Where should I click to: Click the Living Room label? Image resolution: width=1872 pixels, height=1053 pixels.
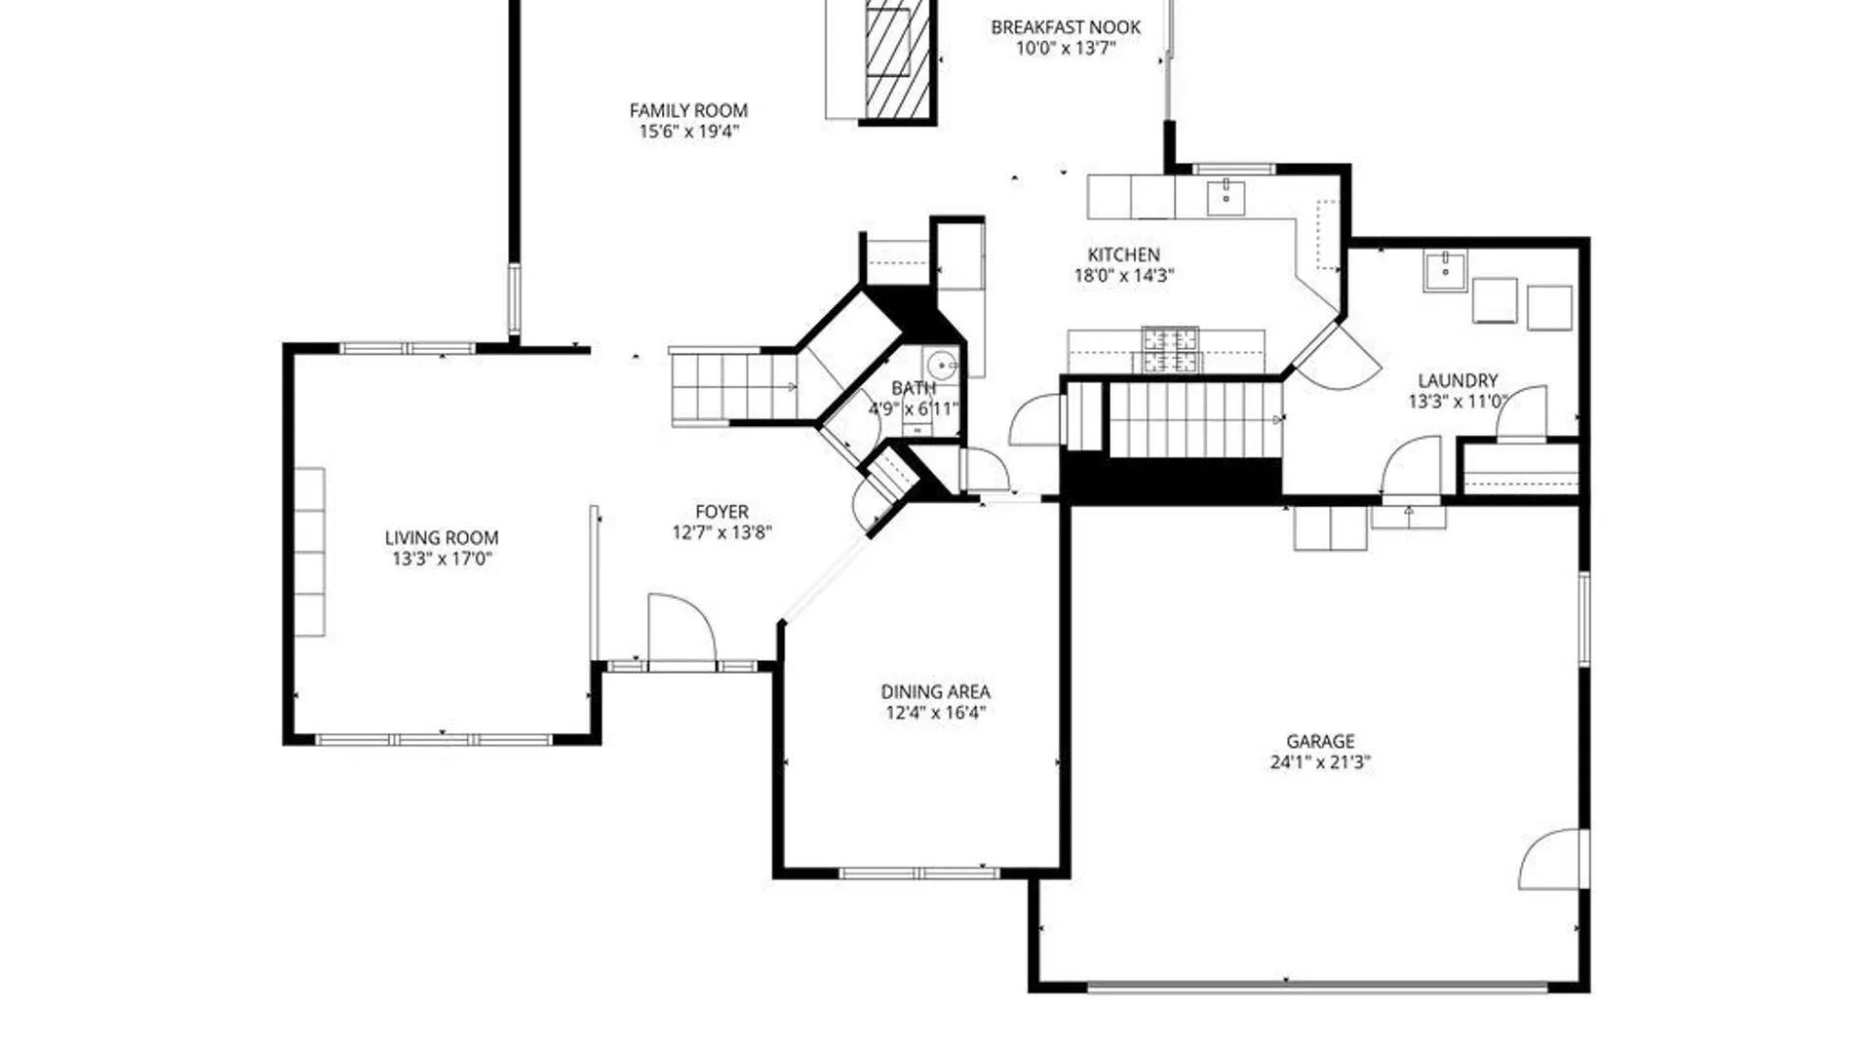pos(442,537)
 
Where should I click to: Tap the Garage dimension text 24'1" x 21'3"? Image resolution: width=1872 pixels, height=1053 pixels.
pos(1320,762)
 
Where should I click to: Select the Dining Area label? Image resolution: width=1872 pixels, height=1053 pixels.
pos(936,691)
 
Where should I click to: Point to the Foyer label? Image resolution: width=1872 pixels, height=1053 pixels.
pos(721,511)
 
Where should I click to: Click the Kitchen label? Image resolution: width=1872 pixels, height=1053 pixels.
pos(1124,254)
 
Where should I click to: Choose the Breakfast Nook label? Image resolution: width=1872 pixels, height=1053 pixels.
pos(1066,27)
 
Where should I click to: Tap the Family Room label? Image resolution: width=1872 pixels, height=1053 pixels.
pos(688,110)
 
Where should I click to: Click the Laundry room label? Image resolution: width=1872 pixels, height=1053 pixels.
pos(1458,380)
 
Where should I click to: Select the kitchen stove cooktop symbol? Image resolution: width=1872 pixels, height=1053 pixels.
pos(1171,351)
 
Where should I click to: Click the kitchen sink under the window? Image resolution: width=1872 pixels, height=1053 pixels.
pos(1226,198)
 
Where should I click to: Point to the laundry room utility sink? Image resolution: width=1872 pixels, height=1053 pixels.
pos(1445,270)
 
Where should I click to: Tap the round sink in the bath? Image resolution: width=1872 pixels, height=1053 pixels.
pos(943,367)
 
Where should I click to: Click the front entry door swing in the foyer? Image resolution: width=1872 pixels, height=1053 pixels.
pos(682,629)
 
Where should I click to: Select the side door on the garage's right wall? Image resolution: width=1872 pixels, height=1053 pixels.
pos(1553,859)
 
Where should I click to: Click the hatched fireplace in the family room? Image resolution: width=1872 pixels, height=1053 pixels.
pos(887,60)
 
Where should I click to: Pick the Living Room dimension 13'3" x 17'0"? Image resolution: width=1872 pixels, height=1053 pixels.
pos(442,559)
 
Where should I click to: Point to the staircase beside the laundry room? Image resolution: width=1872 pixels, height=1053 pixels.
pos(1194,418)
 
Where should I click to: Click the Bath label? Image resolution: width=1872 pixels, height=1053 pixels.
pos(914,388)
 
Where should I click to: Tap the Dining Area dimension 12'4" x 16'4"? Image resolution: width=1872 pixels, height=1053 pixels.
pos(936,713)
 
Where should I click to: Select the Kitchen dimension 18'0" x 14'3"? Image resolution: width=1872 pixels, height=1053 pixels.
pos(1124,276)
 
